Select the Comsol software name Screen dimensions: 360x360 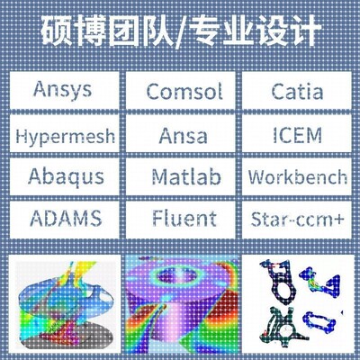tap(180, 92)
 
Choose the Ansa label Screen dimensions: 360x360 tap(180, 136)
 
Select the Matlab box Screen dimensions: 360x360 tap(180, 175)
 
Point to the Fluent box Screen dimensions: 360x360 tap(180, 218)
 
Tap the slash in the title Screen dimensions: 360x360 tap(182, 33)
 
